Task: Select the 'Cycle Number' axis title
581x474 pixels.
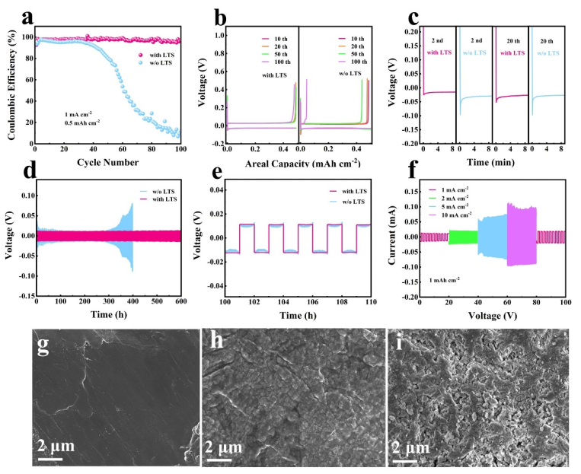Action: [108, 161]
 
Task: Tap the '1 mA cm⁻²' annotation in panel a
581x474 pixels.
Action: [83, 113]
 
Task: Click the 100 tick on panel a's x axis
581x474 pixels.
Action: [180, 150]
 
